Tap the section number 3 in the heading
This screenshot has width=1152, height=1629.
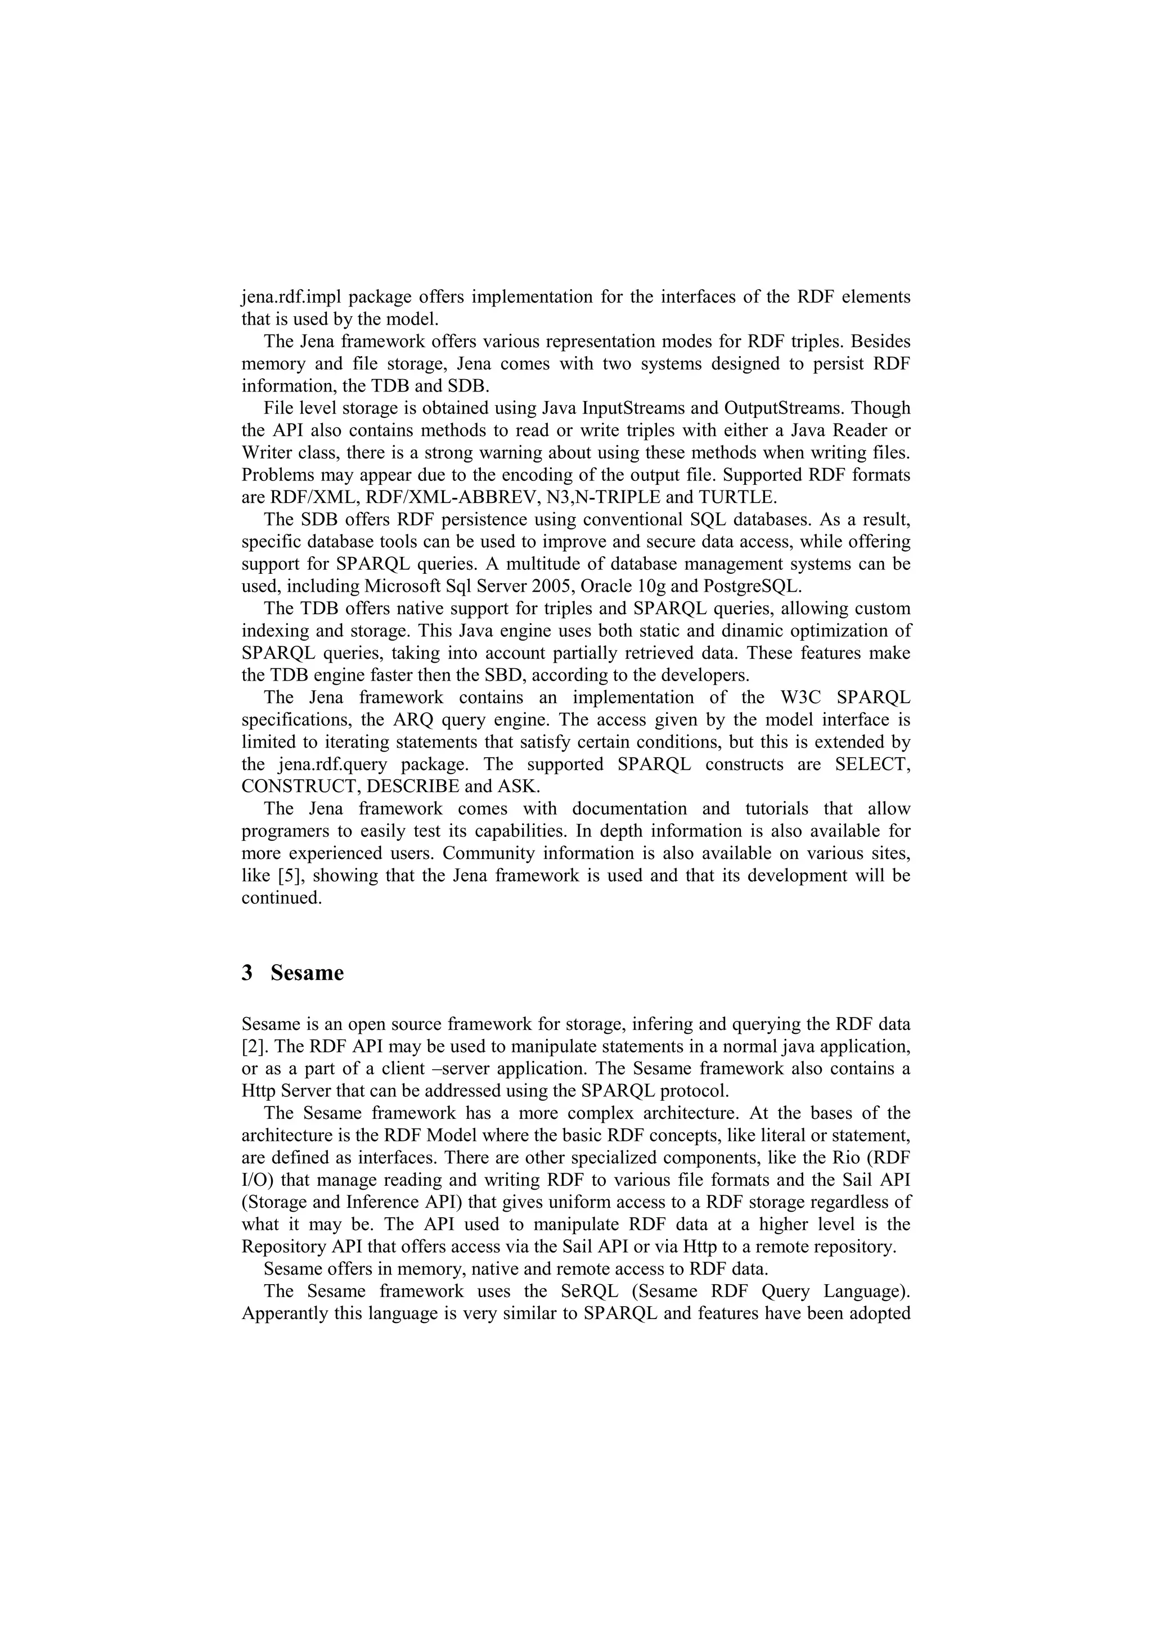pyautogui.click(x=247, y=973)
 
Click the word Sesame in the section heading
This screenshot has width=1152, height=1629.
pyautogui.click(x=307, y=973)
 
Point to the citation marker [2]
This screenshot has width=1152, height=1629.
pyautogui.click(x=251, y=1046)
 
